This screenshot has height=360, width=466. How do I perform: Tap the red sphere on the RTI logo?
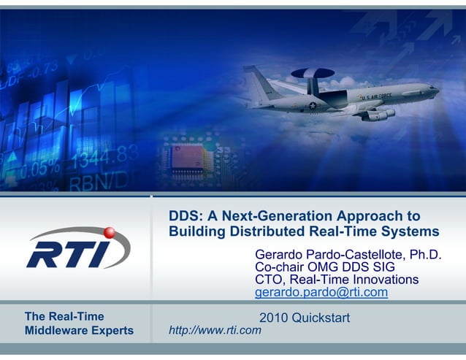click(110, 232)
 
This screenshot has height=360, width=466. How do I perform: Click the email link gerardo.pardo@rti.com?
click(321, 294)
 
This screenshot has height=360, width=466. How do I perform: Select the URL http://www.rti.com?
click(215, 331)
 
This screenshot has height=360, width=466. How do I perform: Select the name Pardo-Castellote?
click(357, 255)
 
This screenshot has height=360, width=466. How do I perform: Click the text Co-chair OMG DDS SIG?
click(324, 268)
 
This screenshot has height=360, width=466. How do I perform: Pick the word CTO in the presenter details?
click(267, 280)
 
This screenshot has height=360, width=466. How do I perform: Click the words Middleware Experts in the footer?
click(80, 331)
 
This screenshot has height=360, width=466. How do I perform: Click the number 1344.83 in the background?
click(103, 156)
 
